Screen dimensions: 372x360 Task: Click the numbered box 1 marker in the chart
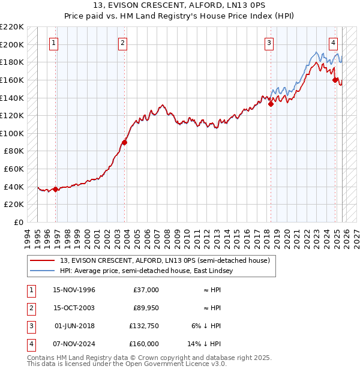coord(54,43)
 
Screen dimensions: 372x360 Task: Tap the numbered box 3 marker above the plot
coord(269,43)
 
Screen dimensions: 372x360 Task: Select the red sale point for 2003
coord(125,142)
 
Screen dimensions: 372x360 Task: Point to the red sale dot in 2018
coord(271,104)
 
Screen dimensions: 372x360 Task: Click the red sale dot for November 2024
coord(335,80)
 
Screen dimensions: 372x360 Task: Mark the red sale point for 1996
coord(56,189)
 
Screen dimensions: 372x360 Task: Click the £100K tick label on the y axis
coord(13,133)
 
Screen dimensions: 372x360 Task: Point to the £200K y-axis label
coord(13,44)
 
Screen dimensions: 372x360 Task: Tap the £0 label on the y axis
coord(18,222)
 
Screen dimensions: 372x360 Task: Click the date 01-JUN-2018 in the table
coord(74,326)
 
